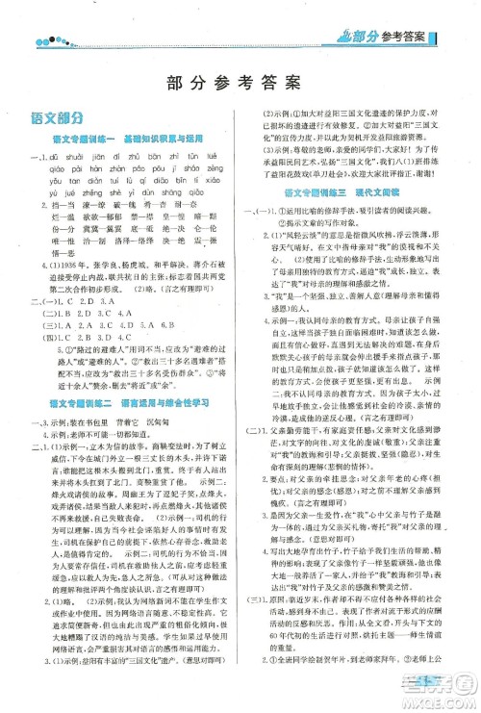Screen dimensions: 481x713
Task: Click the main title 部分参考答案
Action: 240,81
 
